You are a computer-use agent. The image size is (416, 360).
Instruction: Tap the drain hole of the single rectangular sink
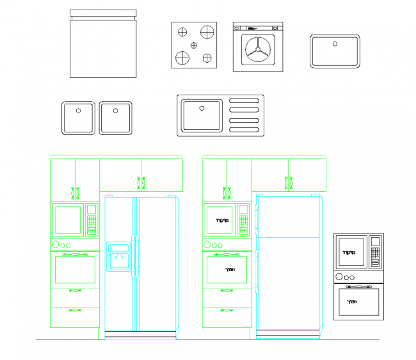click(x=334, y=43)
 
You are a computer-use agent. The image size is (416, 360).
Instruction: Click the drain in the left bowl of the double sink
click(x=79, y=110)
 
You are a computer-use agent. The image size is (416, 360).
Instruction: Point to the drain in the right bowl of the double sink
click(x=115, y=110)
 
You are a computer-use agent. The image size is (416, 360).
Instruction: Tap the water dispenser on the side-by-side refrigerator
click(x=118, y=256)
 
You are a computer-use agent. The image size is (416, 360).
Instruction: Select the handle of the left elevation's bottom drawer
click(x=76, y=311)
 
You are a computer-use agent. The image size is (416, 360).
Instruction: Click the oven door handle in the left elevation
click(x=75, y=254)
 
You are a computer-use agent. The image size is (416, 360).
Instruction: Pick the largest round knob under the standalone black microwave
click(x=339, y=278)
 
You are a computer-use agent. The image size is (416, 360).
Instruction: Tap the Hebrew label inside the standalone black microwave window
click(x=349, y=252)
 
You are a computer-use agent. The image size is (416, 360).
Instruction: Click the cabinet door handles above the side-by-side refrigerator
click(x=141, y=183)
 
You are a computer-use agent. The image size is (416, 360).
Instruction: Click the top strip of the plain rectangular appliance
click(x=102, y=13)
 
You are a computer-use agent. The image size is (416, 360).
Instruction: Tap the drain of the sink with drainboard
click(x=201, y=107)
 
